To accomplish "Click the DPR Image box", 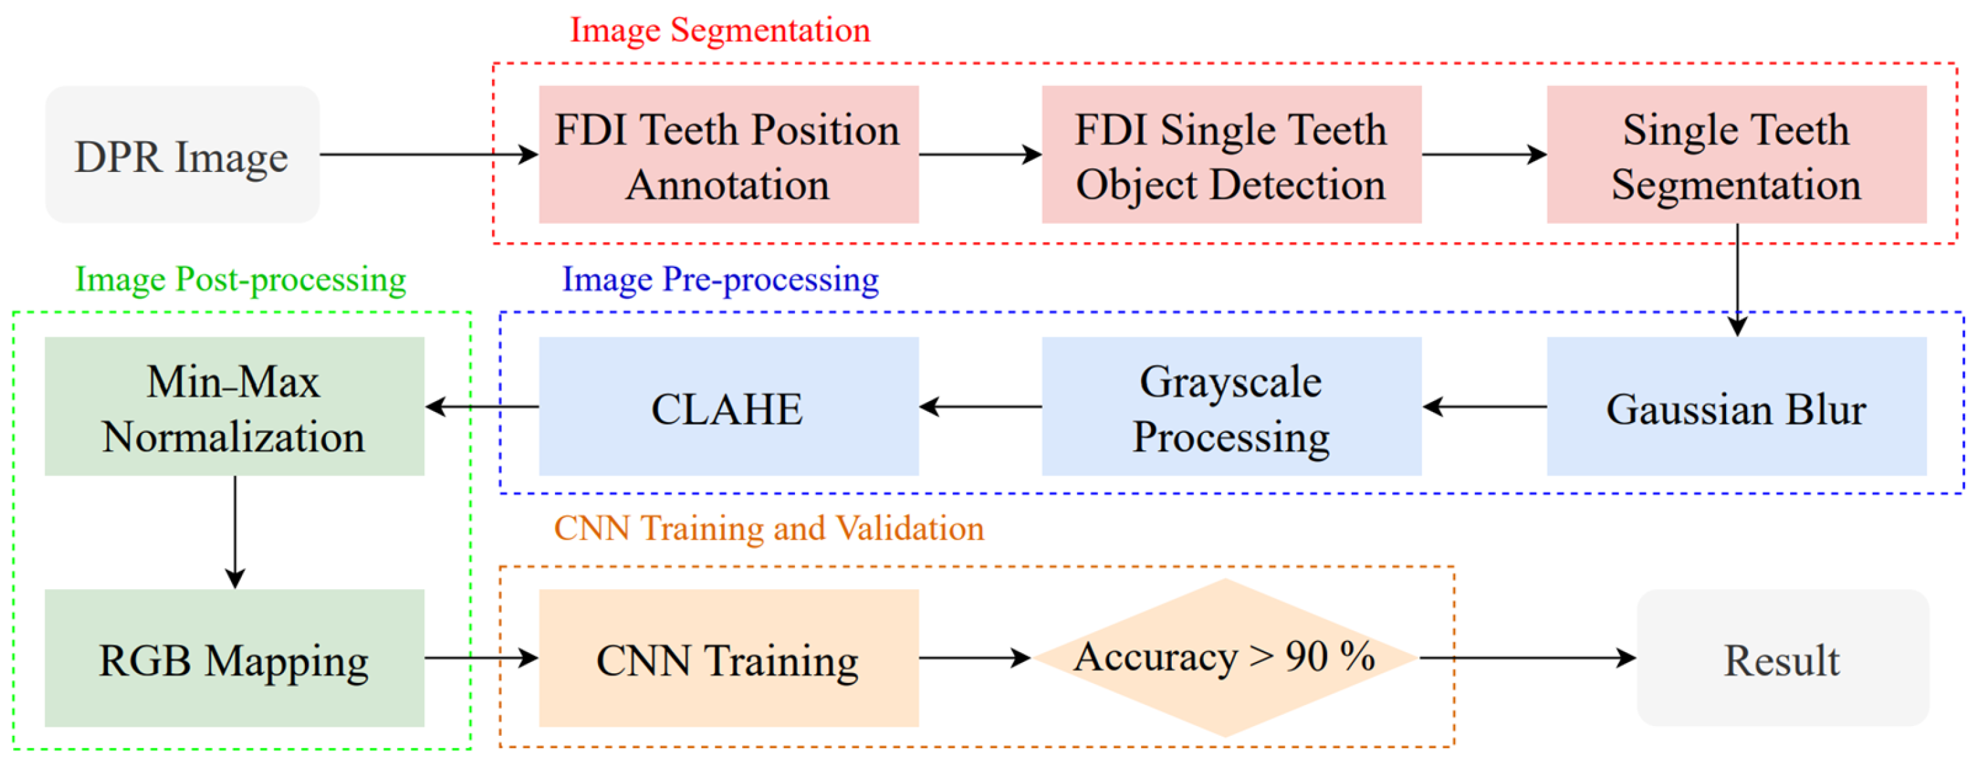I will (182, 155).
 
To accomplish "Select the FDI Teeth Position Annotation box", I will (728, 155).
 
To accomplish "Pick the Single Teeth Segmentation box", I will (1736, 155).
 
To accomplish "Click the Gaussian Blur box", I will (1736, 407).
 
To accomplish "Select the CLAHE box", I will (728, 407).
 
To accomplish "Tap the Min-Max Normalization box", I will (234, 407).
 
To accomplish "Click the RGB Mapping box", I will (234, 658).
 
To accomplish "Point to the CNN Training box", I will (728, 658).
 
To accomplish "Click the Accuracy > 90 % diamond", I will (1225, 657).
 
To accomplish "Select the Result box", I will (1782, 658).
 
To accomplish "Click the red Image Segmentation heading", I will (720, 31).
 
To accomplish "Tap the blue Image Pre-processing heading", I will (720, 279).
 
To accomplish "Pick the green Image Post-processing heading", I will (240, 279).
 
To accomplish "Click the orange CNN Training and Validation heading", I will (769, 528).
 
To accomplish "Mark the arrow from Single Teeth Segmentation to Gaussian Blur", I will (1737, 279).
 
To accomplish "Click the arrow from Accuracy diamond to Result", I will (1526, 657).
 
